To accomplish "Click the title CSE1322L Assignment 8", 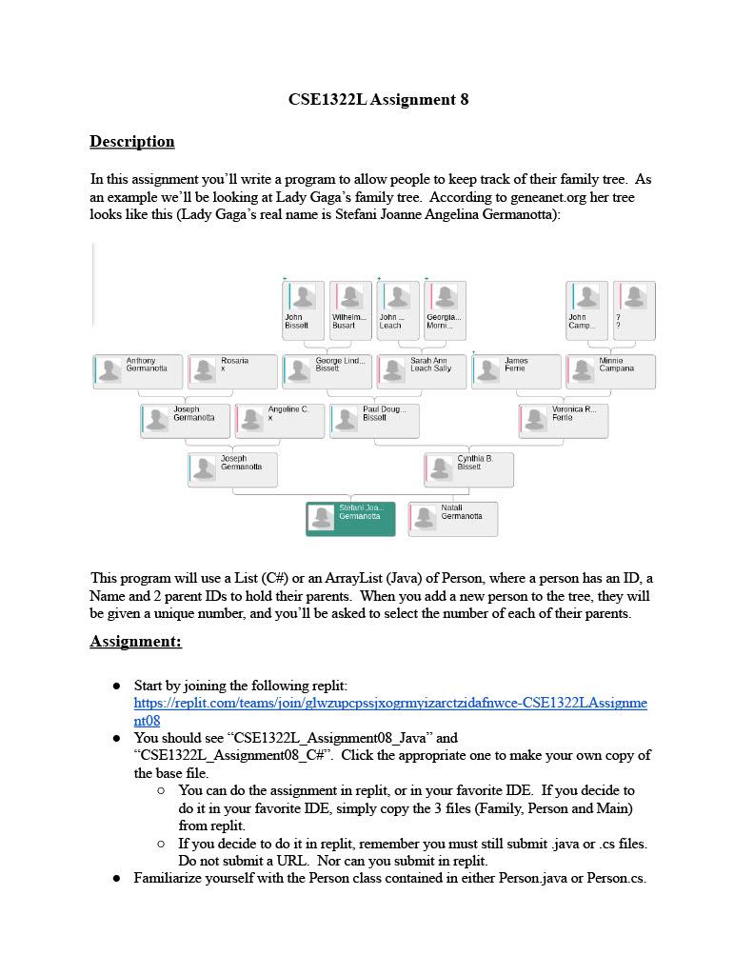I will click(x=378, y=99).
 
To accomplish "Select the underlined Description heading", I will click(x=132, y=142).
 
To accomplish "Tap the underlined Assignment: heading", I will click(x=135, y=642).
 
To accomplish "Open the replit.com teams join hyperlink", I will click(x=390, y=704).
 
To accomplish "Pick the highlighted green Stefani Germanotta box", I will click(x=350, y=519).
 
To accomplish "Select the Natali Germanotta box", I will click(x=453, y=519).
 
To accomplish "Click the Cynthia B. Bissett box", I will click(x=468, y=469).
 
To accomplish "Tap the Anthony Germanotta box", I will click(x=137, y=371).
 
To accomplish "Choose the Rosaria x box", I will click(x=232, y=371).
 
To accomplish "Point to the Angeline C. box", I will click(x=280, y=421).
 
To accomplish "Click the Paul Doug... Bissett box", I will click(x=375, y=421).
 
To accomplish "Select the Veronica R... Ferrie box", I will click(x=564, y=421).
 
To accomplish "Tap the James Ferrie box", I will click(x=516, y=371).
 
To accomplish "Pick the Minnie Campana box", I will click(x=610, y=371).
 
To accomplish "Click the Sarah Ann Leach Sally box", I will click(x=422, y=371).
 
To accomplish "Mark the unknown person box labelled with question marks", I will click(x=634, y=309).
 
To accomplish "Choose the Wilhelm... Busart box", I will click(x=350, y=309).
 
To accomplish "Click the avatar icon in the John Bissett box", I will click(x=303, y=297).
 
